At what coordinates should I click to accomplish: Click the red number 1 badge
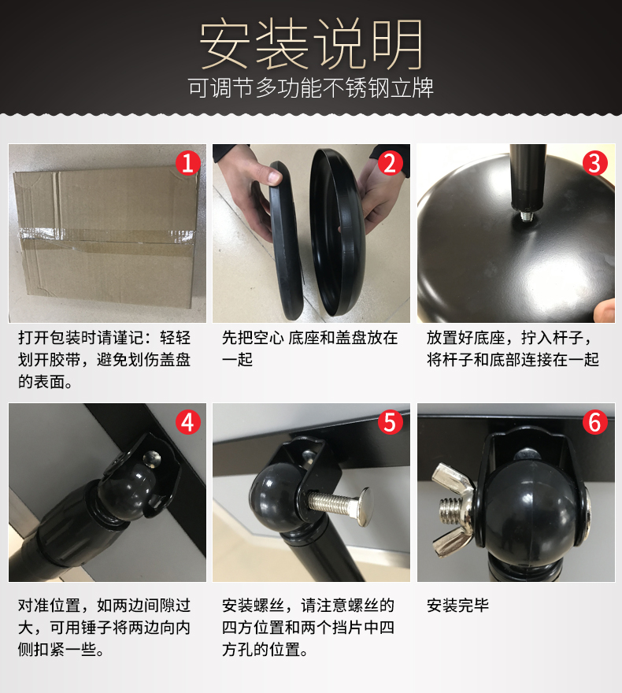pos(188,163)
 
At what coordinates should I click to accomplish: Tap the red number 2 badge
pos(390,163)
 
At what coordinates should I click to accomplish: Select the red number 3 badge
pos(595,163)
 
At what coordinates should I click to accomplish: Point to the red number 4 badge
pos(188,422)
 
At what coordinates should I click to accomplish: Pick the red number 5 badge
pos(390,422)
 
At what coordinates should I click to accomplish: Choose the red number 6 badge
pos(595,422)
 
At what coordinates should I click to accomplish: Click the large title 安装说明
pos(312,44)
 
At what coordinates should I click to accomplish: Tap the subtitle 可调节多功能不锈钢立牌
pos(311,87)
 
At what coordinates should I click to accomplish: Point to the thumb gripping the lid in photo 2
pos(272,173)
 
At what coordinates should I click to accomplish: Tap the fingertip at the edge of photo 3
pos(605,310)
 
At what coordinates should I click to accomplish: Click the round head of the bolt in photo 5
pos(366,506)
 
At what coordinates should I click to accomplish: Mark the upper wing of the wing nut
pos(450,479)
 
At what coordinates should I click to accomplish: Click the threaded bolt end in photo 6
pos(450,512)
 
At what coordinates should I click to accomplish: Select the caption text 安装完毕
pos(457,606)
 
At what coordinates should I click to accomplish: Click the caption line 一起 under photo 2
pos(237,360)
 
